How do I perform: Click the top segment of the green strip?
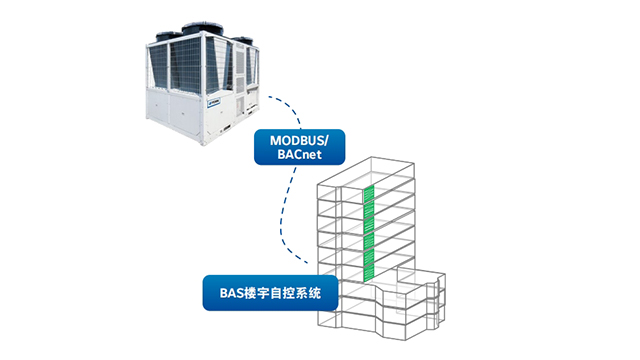pyautogui.click(x=367, y=192)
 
